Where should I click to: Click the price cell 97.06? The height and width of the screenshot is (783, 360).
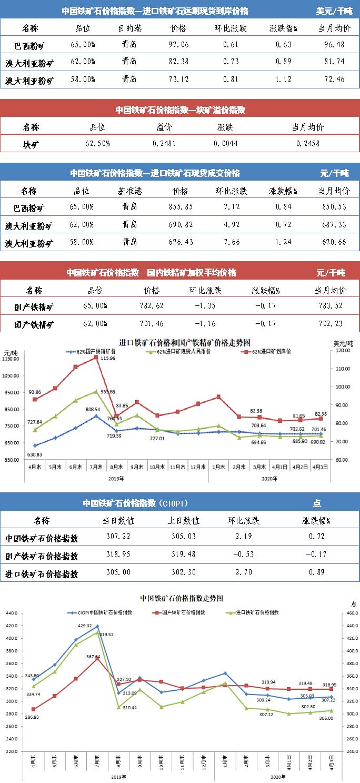tap(179, 45)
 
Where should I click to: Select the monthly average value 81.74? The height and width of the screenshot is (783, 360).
tap(334, 62)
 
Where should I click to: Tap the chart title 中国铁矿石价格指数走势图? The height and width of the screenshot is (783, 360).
tap(182, 599)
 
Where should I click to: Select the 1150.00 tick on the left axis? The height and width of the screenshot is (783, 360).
tap(12, 359)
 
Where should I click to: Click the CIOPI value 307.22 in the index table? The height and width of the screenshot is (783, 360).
tap(118, 538)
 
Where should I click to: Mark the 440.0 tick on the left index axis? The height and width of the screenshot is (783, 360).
tap(11, 613)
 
